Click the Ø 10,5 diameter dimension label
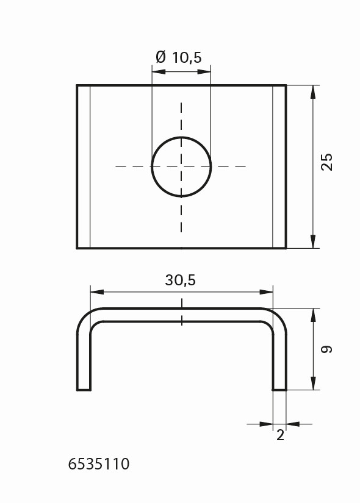point(179,57)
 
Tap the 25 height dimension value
point(327,162)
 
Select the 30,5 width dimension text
point(180,280)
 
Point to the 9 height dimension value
point(327,349)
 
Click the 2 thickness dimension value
point(280,435)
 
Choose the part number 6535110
point(99,464)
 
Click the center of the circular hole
point(181,167)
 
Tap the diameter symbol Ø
point(161,57)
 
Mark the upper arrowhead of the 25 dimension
point(313,91)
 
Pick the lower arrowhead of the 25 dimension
point(313,241)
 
